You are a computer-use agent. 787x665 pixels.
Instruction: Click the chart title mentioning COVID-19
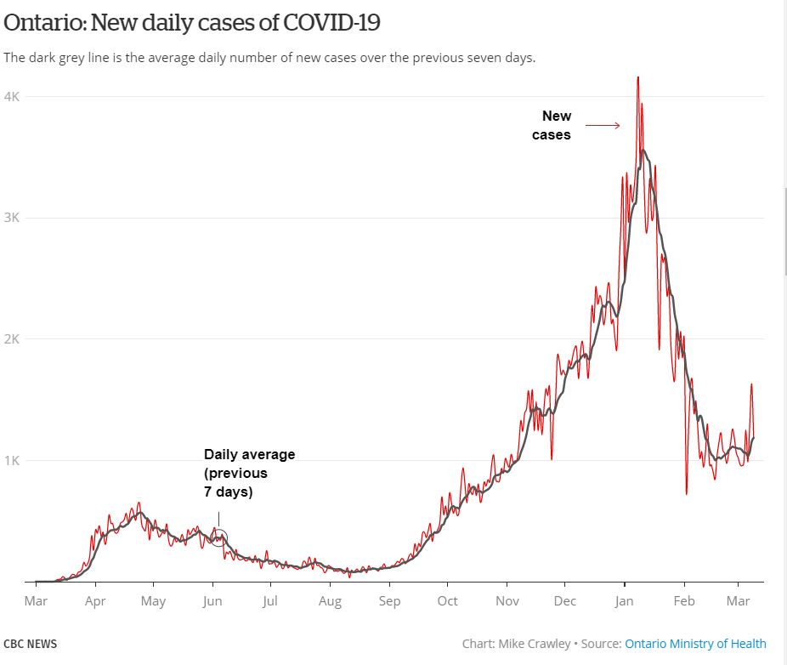(x=192, y=23)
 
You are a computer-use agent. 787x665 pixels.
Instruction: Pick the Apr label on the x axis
(x=95, y=600)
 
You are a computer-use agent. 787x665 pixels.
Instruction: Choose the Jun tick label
(x=212, y=600)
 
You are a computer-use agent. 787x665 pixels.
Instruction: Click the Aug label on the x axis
(x=330, y=600)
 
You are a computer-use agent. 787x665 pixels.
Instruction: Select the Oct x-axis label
(x=447, y=600)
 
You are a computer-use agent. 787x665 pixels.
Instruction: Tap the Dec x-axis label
(x=564, y=600)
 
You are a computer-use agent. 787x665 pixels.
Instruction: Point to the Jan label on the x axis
(x=624, y=600)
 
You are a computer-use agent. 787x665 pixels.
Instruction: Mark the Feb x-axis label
(x=683, y=600)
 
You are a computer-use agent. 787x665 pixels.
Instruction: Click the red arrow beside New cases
(x=603, y=126)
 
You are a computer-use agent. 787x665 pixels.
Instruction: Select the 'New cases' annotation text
(x=553, y=125)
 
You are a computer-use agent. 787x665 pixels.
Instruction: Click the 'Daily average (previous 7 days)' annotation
(x=249, y=473)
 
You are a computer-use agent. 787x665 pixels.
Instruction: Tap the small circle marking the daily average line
(x=218, y=537)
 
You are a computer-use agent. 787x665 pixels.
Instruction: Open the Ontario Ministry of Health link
(x=695, y=644)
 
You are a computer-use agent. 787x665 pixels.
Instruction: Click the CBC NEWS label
(x=31, y=644)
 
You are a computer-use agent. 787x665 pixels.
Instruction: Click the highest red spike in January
(x=637, y=79)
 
